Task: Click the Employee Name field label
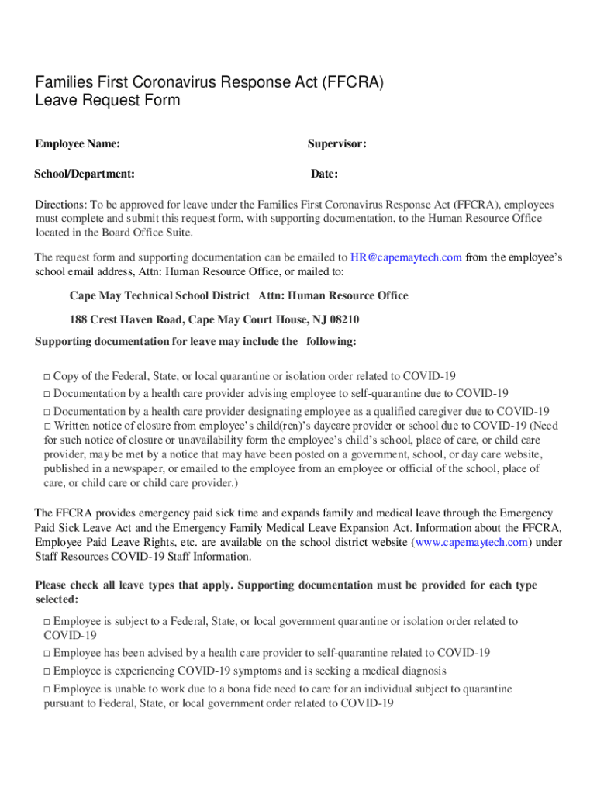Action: click(x=78, y=143)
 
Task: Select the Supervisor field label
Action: click(x=336, y=143)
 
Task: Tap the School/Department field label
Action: click(x=85, y=174)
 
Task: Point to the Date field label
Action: click(x=324, y=174)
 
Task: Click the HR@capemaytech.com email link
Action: click(x=406, y=257)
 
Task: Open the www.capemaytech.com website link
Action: click(x=472, y=542)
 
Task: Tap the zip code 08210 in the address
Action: click(x=343, y=319)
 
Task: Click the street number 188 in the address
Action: click(x=78, y=319)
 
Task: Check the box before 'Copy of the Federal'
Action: click(x=47, y=377)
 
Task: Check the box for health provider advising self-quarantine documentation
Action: click(x=47, y=394)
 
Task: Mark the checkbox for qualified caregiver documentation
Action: click(x=47, y=412)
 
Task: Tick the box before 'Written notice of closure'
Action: click(x=47, y=426)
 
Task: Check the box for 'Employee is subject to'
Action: click(x=47, y=622)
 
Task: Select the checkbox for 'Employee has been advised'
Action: click(x=47, y=654)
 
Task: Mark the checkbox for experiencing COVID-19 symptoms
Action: click(x=47, y=671)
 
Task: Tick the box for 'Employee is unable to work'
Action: click(x=47, y=689)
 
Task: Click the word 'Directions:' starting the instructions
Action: click(x=61, y=205)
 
